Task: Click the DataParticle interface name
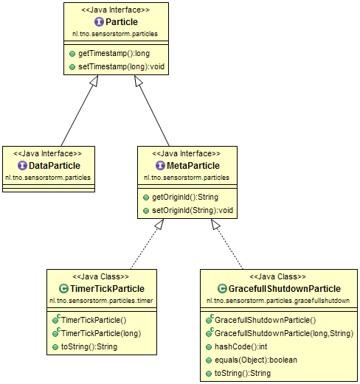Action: tap(53, 167)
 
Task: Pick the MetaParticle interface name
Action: tap(192, 167)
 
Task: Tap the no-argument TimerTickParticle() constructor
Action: tap(94, 320)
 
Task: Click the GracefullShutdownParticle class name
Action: tap(285, 289)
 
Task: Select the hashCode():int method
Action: tap(237, 346)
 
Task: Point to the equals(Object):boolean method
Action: tap(251, 360)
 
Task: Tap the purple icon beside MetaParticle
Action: tap(158, 167)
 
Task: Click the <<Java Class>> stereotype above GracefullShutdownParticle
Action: tap(277, 277)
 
